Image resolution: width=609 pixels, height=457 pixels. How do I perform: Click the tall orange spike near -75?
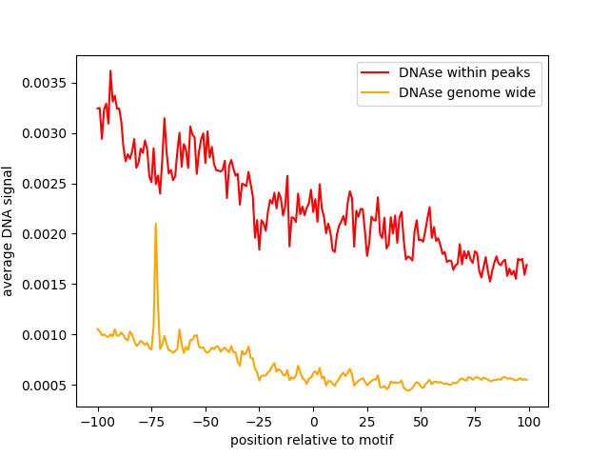click(x=155, y=225)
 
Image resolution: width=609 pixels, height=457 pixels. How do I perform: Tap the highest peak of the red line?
click(x=110, y=71)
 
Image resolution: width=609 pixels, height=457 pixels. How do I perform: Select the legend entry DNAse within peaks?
click(x=465, y=72)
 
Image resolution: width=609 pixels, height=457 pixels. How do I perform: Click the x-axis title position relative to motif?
click(x=312, y=440)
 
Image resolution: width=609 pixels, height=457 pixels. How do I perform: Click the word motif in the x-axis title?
click(x=375, y=440)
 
